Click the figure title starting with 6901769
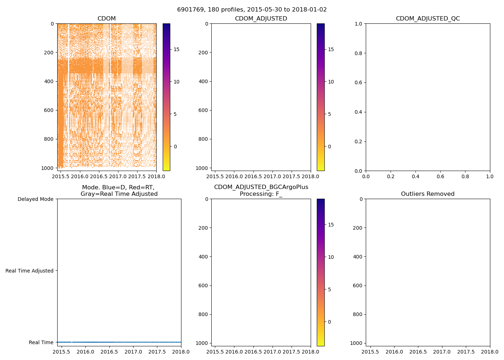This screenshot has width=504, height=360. point(252,10)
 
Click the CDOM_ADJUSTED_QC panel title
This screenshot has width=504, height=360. point(428,19)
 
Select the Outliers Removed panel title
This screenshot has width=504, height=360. point(428,194)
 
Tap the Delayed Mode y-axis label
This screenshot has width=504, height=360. point(35,199)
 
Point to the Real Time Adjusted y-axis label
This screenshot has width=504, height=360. point(30,271)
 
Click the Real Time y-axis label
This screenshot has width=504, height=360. point(41,342)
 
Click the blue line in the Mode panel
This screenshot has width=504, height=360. point(119,342)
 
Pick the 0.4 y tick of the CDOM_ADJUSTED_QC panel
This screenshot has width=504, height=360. point(358,112)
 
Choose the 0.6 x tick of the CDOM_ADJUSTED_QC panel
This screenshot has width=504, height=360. point(440,176)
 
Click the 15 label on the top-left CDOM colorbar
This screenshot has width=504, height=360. point(176,49)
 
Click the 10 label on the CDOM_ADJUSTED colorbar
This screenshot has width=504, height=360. point(331,82)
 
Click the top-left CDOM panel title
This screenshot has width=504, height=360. point(107,19)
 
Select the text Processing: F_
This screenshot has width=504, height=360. point(261,194)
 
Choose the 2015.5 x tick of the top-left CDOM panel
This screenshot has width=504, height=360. point(61,176)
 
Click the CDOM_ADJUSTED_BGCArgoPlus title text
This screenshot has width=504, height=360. point(261,187)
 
